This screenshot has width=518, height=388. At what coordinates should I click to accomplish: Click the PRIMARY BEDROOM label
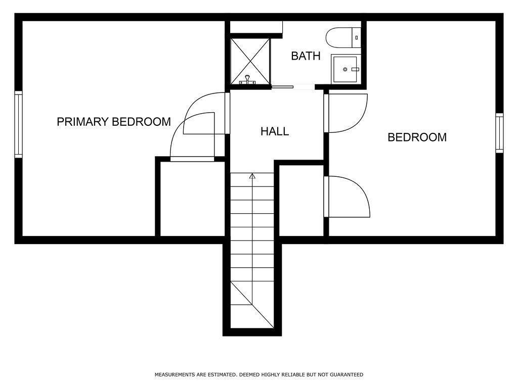(x=114, y=122)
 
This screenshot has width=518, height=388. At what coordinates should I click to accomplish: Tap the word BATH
(x=306, y=56)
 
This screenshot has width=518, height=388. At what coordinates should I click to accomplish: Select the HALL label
(x=275, y=131)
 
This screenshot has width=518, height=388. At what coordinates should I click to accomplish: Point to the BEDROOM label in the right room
(x=417, y=137)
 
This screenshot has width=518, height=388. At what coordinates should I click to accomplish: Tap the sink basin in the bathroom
(x=345, y=69)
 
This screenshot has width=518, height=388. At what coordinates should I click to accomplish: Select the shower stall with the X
(x=250, y=61)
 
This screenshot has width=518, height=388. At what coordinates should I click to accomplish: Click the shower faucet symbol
(x=247, y=80)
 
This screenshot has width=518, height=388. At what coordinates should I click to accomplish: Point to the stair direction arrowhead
(x=252, y=176)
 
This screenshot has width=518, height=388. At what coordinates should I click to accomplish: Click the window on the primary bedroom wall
(x=19, y=124)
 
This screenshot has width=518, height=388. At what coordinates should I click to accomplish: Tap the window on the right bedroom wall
(x=499, y=133)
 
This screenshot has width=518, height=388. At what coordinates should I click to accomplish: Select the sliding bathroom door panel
(x=282, y=87)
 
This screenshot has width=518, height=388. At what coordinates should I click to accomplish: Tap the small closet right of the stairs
(x=301, y=200)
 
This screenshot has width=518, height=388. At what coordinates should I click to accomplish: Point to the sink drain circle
(x=345, y=69)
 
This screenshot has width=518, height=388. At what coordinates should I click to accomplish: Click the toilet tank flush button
(x=357, y=37)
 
